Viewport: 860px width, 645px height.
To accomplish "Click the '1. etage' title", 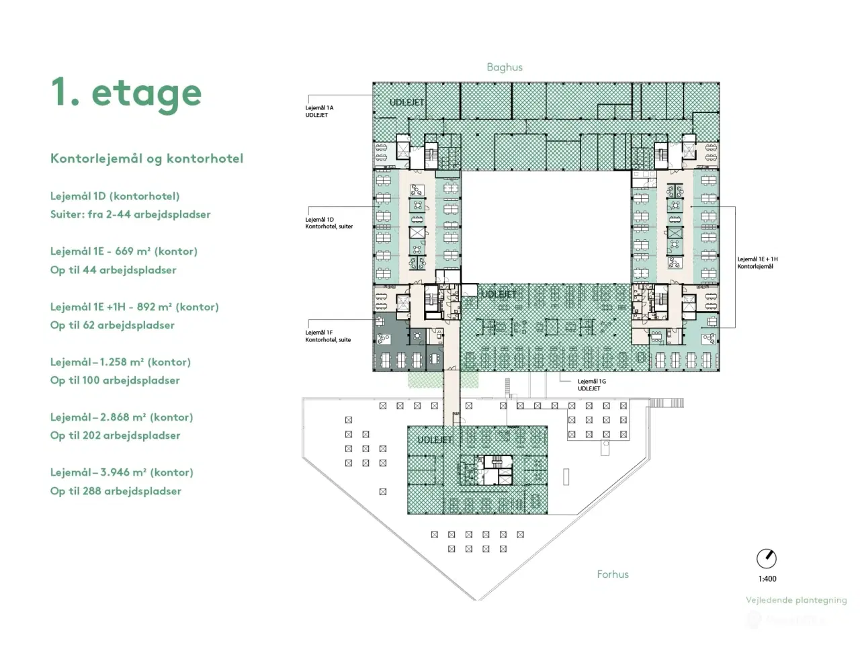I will click(126, 93).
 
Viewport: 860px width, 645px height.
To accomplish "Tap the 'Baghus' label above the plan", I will click(505, 67).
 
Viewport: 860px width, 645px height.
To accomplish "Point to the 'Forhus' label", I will click(613, 574).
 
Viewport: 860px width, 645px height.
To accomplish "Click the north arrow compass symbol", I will click(766, 558).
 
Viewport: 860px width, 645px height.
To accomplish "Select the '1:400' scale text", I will click(767, 579).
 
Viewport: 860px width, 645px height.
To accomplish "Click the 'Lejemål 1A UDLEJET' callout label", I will click(319, 112).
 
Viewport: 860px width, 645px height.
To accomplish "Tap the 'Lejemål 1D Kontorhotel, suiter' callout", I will click(329, 223).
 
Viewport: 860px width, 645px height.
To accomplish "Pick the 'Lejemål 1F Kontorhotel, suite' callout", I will click(328, 336).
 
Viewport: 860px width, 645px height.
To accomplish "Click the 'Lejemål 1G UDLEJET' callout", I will click(591, 385).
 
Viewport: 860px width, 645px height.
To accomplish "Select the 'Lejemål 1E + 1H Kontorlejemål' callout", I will click(757, 263).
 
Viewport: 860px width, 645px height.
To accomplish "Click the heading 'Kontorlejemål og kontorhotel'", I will click(146, 159).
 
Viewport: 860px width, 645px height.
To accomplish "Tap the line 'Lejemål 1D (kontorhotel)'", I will click(115, 196).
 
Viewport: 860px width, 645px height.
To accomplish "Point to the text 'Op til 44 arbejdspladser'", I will click(113, 270).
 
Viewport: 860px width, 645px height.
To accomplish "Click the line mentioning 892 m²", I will click(134, 307).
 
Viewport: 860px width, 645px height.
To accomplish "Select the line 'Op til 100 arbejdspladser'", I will click(115, 380).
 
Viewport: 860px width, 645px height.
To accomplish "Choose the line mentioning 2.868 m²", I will click(122, 417).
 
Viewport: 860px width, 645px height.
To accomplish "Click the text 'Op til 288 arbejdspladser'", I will click(116, 491).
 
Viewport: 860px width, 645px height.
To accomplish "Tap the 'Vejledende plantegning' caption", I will click(796, 601).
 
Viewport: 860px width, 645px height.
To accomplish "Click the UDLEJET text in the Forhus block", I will click(435, 440).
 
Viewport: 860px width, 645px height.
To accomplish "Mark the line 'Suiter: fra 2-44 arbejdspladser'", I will click(130, 215).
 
